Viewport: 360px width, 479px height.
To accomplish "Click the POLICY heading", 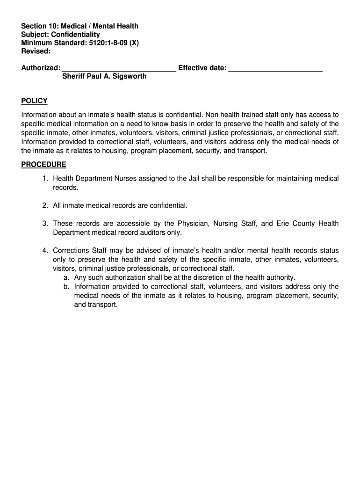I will pyautogui.click(x=34, y=101).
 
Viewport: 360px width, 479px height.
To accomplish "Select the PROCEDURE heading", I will pyautogui.click(x=43, y=165).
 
